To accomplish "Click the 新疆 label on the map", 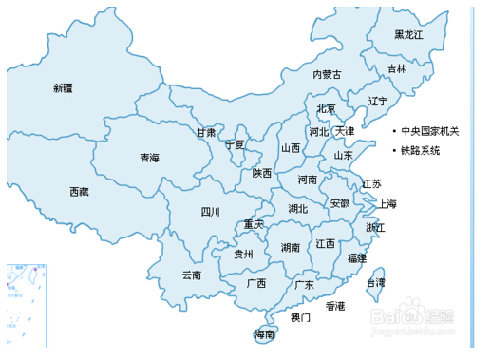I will click(63, 88).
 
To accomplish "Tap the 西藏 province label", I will click(79, 192).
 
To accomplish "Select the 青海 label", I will click(149, 158).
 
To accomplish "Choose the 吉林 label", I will click(396, 69).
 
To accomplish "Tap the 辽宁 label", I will click(378, 101).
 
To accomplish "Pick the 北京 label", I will click(326, 109).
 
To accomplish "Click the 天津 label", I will click(345, 131).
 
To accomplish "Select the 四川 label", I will click(210, 212).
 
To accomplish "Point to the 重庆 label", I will click(253, 225).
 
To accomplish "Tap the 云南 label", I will click(191, 275).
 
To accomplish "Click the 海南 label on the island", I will click(264, 335).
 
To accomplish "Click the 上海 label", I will click(387, 203).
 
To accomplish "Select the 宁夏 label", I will click(235, 145).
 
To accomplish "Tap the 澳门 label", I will click(300, 317).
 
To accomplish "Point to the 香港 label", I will click(334, 306).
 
